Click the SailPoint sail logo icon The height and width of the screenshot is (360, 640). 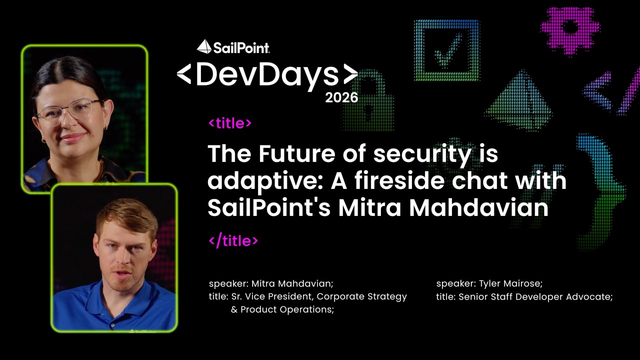[x=204, y=46]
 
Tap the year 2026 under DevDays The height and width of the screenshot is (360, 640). [x=341, y=97]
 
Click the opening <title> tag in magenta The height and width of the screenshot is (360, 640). [x=230, y=123]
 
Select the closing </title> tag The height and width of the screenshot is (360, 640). [x=233, y=241]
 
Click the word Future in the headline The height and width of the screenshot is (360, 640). [x=297, y=153]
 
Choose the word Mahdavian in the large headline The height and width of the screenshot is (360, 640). [x=479, y=207]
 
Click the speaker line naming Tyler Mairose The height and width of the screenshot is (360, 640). [x=489, y=283]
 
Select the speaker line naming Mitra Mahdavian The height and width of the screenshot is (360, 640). [x=271, y=283]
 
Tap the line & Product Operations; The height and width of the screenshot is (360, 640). [x=282, y=309]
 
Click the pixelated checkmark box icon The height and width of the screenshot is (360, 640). [x=447, y=50]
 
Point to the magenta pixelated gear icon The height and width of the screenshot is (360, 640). [x=570, y=30]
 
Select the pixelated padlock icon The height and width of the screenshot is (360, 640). [x=368, y=100]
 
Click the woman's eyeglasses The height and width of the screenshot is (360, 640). [x=69, y=111]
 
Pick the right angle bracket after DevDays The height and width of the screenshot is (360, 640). [x=350, y=74]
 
